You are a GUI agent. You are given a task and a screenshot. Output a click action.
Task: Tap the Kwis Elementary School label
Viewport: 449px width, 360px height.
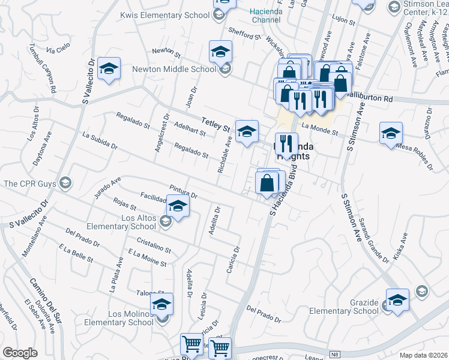[164, 14]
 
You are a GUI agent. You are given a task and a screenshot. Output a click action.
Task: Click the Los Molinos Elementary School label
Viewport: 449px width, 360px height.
[121, 318]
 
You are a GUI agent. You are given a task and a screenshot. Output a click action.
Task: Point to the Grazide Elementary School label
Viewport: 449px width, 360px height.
[343, 306]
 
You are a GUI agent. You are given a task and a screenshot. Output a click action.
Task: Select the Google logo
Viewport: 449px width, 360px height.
[20, 353]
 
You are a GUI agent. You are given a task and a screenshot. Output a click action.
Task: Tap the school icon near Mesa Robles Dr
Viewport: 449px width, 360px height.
[391, 133]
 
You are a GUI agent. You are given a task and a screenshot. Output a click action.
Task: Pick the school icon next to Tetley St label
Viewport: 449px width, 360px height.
[247, 131]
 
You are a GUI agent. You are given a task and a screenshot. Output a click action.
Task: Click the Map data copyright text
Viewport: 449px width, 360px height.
[424, 355]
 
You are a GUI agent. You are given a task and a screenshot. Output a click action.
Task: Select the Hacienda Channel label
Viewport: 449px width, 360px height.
[266, 15]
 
